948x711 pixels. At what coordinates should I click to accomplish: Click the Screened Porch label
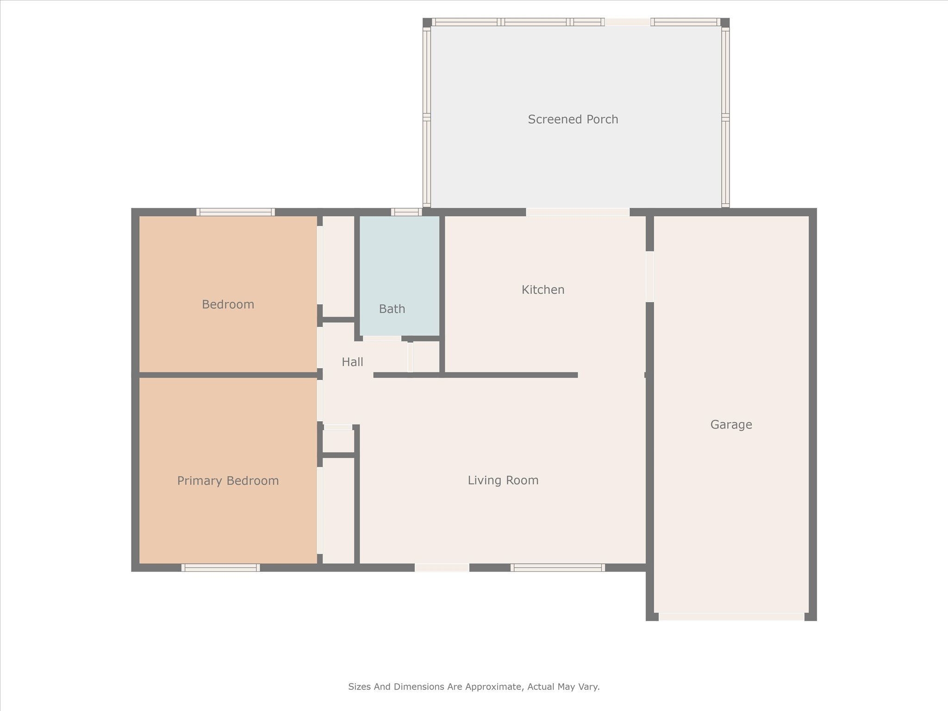[573, 119]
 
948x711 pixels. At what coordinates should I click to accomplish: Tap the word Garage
[731, 424]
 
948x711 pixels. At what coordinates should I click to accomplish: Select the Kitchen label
[543, 290]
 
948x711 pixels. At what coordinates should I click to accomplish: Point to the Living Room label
[503, 480]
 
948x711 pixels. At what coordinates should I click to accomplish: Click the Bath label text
[392, 309]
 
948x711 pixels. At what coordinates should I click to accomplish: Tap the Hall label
[352, 362]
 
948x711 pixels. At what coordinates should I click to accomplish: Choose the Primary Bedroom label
[228, 481]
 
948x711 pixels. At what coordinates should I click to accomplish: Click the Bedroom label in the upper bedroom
[228, 305]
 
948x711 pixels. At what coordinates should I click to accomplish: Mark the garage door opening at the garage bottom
[731, 617]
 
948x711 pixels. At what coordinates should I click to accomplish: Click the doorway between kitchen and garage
[650, 276]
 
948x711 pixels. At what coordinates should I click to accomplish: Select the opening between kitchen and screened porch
[577, 212]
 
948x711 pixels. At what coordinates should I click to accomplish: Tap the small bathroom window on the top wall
[406, 212]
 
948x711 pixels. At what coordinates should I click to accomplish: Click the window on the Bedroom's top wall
[235, 212]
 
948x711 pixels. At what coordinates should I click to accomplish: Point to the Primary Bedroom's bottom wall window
[220, 568]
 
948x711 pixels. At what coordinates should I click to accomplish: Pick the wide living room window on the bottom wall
[557, 568]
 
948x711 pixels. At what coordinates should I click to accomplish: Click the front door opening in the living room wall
[442, 568]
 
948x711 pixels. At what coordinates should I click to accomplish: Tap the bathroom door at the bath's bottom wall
[382, 338]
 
